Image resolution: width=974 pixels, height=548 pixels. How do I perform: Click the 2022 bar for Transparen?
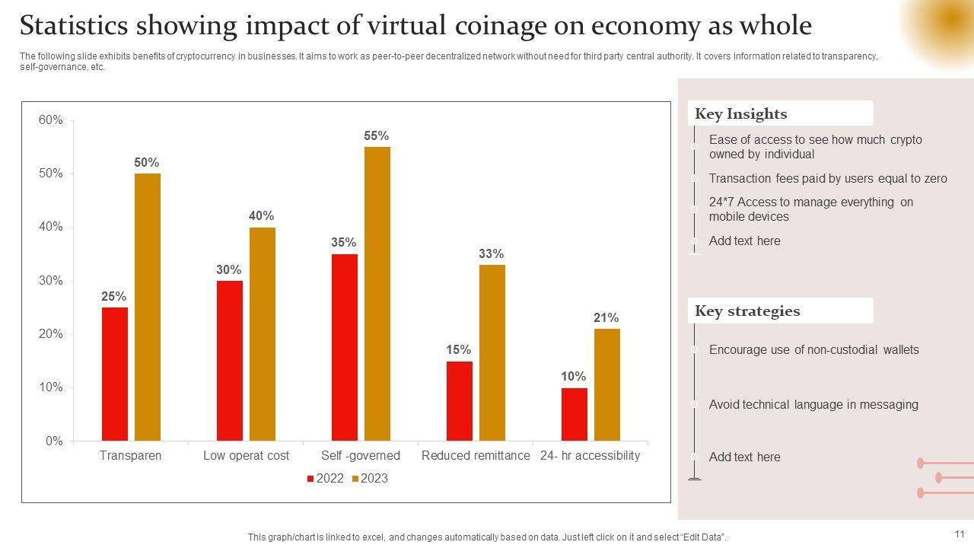click(x=115, y=374)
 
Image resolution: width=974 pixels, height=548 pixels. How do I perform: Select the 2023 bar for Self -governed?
click(x=377, y=294)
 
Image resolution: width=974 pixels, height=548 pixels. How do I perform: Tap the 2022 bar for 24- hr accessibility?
click(x=575, y=414)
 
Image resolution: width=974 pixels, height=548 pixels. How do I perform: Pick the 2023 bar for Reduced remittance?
click(x=492, y=352)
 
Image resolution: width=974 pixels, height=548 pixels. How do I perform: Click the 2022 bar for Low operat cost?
click(x=230, y=361)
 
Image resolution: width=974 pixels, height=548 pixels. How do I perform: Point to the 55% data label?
click(x=377, y=136)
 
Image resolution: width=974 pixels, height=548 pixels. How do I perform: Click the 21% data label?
click(x=606, y=318)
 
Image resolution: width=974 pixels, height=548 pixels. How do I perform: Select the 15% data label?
click(x=459, y=350)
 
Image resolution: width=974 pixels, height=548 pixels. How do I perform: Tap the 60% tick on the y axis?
click(x=51, y=120)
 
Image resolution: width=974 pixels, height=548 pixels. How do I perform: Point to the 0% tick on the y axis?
click(x=54, y=441)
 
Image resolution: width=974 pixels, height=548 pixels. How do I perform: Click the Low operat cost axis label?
click(x=247, y=456)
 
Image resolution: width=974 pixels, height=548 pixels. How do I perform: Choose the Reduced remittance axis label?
click(x=476, y=456)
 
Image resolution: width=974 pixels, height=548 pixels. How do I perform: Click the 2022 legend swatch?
click(x=310, y=479)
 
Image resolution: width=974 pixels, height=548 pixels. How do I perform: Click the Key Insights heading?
click(x=741, y=114)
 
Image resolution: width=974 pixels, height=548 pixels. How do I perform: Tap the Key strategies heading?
click(x=747, y=311)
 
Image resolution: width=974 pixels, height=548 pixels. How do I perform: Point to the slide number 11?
click(x=960, y=534)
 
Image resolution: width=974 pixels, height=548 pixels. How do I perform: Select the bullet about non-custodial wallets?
click(x=813, y=350)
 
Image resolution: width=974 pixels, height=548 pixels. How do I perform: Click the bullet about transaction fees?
click(x=828, y=179)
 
